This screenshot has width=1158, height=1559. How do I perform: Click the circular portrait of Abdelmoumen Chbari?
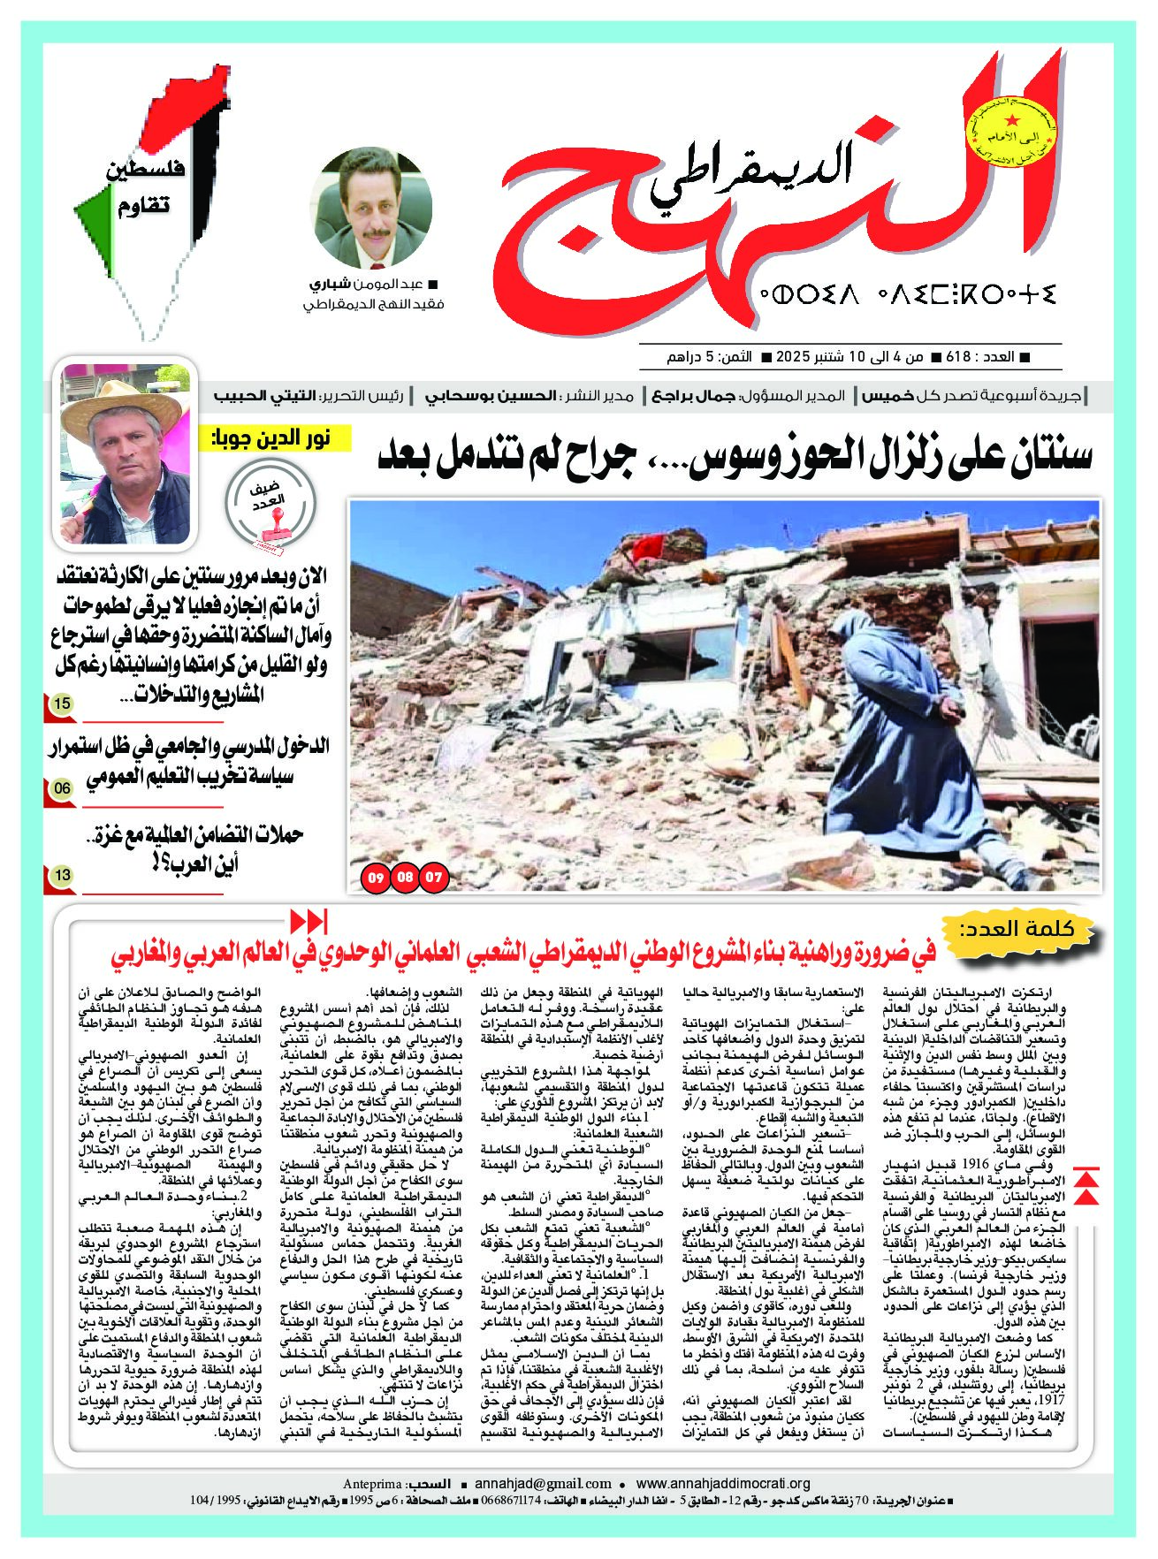click(x=373, y=209)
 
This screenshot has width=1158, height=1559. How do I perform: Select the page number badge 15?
click(x=62, y=704)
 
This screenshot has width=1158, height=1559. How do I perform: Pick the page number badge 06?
click(x=62, y=787)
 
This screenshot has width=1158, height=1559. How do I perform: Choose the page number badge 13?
click(x=62, y=876)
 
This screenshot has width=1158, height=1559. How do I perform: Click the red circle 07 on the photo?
click(x=434, y=878)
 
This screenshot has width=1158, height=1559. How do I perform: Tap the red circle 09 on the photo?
click(x=376, y=878)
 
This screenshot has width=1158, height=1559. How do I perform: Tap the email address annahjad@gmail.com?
click(x=543, y=1484)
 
